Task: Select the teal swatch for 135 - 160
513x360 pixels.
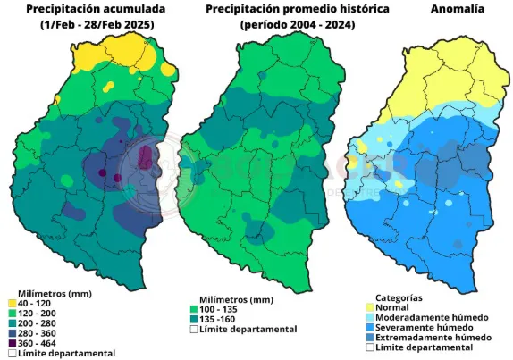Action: tap(194, 319)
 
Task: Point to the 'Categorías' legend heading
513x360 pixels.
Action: tap(399, 297)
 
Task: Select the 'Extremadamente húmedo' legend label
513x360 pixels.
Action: tap(433, 338)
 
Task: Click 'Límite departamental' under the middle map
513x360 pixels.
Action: tap(248, 330)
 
